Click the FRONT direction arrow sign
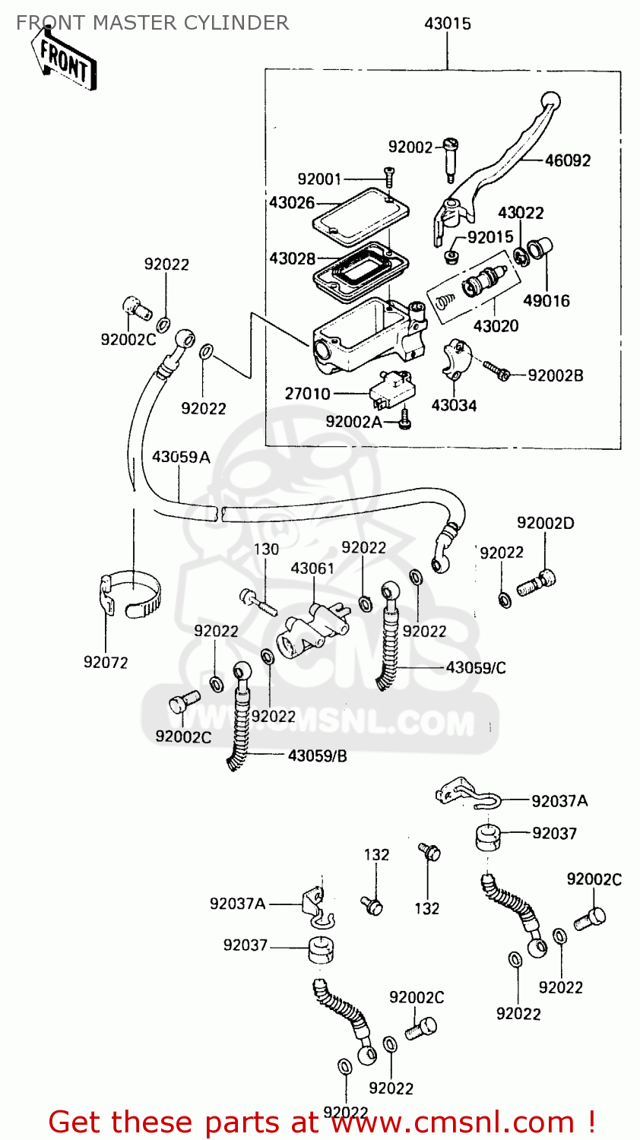[x=64, y=60]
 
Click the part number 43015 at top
[x=447, y=24]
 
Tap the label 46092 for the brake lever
[x=567, y=160]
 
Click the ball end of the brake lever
[x=550, y=101]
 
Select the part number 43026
[x=291, y=203]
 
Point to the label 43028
[x=292, y=258]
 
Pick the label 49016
[x=546, y=300]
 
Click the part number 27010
[x=307, y=394]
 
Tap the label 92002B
[x=555, y=375]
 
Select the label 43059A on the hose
[x=181, y=457]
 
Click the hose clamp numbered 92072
[x=131, y=595]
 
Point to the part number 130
[x=266, y=549]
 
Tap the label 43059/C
[x=475, y=667]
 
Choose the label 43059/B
[x=317, y=755]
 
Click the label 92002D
[x=545, y=523]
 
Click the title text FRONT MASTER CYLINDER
[x=152, y=23]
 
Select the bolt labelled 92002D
[x=537, y=584]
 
